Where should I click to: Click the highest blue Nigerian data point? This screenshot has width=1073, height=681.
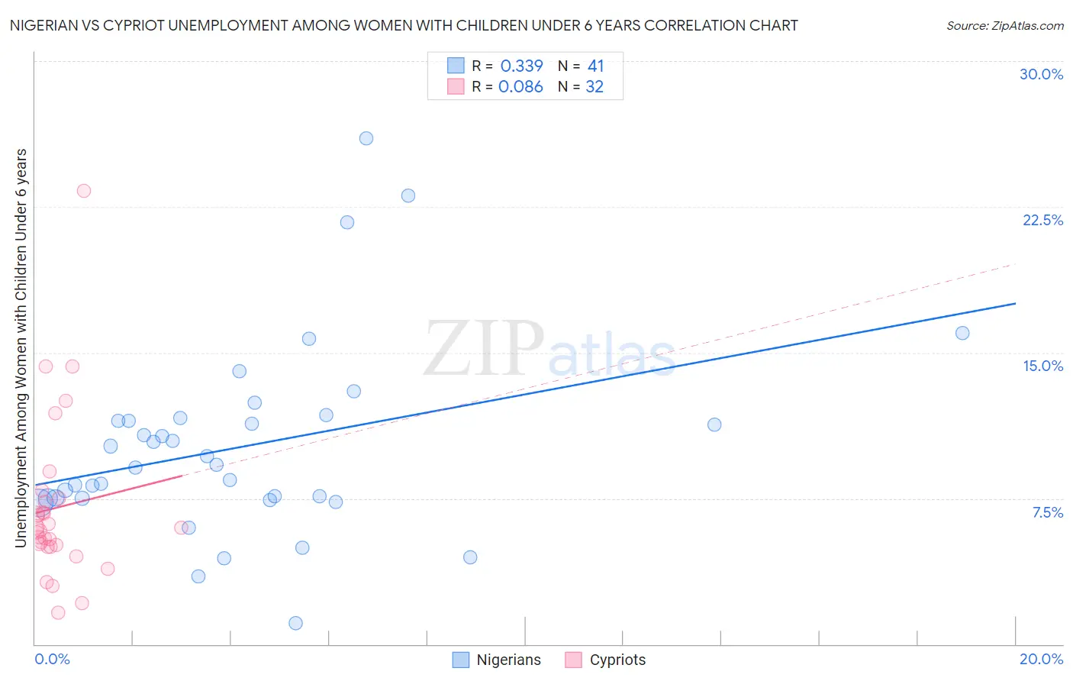[x=366, y=138]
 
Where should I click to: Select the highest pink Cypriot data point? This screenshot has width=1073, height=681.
[x=84, y=191]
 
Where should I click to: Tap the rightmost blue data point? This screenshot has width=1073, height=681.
[x=962, y=333]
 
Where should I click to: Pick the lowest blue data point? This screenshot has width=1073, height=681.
[x=296, y=623]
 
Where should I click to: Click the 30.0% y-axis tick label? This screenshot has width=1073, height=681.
[x=1041, y=74]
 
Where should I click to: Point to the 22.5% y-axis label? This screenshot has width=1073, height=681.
[x=1042, y=220]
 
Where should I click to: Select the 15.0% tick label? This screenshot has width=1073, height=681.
[x=1042, y=366]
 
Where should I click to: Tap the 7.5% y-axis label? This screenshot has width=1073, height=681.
[x=1047, y=512]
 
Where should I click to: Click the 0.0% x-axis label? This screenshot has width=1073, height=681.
[x=52, y=659]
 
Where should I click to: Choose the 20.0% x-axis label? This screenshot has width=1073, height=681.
[x=1041, y=659]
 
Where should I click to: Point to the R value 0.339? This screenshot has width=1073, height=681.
[x=521, y=66]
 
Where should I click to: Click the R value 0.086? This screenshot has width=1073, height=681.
[x=520, y=87]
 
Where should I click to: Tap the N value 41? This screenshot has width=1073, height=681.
[x=595, y=66]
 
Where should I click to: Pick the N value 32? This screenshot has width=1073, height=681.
[x=594, y=87]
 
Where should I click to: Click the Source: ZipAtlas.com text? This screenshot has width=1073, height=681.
[x=1004, y=26]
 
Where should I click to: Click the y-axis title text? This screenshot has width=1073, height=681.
[x=21, y=347]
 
